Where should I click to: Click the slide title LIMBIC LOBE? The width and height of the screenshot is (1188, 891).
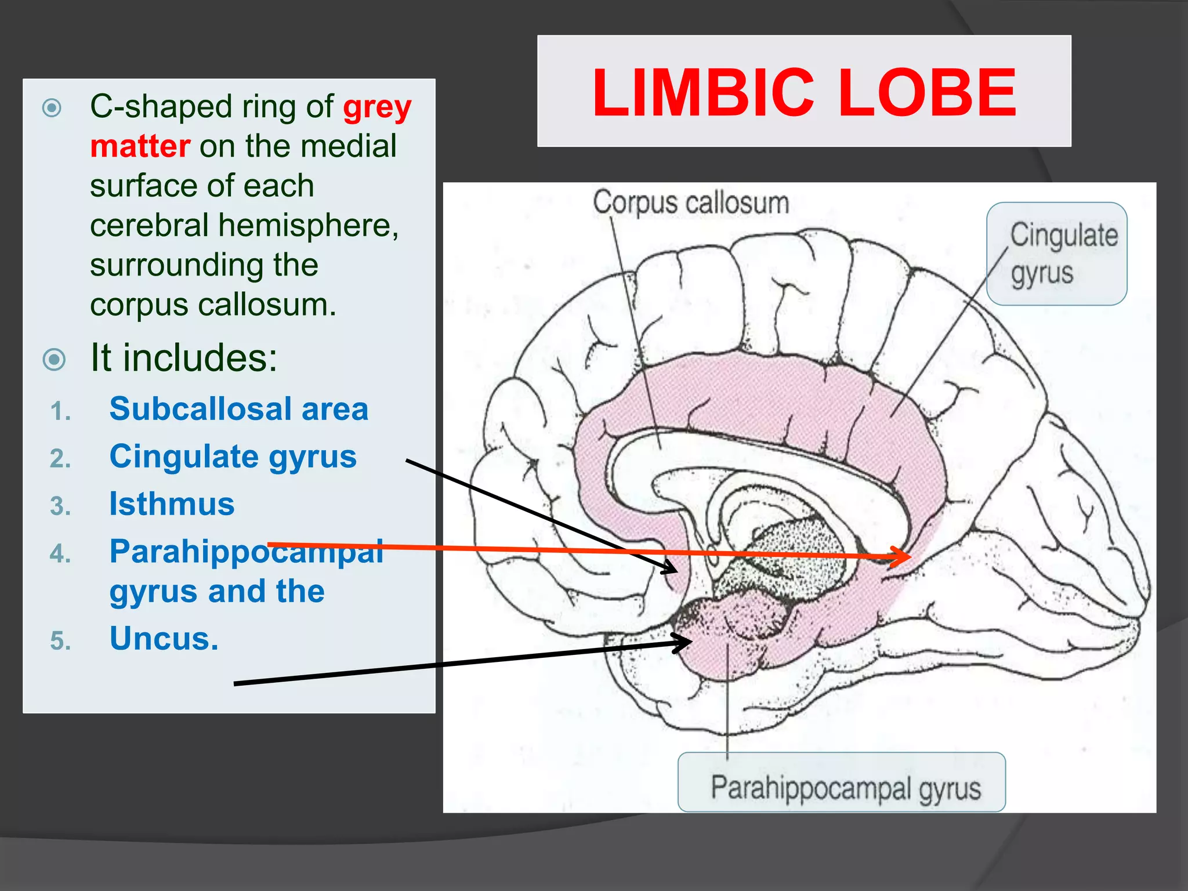(804, 92)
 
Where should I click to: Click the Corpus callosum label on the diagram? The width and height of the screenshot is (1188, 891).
(690, 203)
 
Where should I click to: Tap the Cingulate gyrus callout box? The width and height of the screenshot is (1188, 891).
(1057, 253)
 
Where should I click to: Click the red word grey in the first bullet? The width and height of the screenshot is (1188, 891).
(377, 107)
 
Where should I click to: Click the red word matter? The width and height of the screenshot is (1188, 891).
(140, 146)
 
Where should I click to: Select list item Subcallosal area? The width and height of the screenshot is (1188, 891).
(238, 409)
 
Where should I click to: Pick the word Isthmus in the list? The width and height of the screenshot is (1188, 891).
(172, 504)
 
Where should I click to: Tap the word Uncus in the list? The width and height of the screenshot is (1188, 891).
(164, 639)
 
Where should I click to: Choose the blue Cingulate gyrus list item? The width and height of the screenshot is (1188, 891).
(233, 457)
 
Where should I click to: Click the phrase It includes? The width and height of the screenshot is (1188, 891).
(184, 357)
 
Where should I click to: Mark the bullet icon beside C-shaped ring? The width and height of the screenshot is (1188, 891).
(52, 108)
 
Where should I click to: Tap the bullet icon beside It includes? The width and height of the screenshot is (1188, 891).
(55, 360)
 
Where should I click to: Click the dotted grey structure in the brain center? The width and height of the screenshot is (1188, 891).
(789, 557)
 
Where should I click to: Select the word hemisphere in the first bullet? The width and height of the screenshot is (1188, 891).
(307, 226)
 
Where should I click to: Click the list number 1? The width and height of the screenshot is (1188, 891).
(60, 412)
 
